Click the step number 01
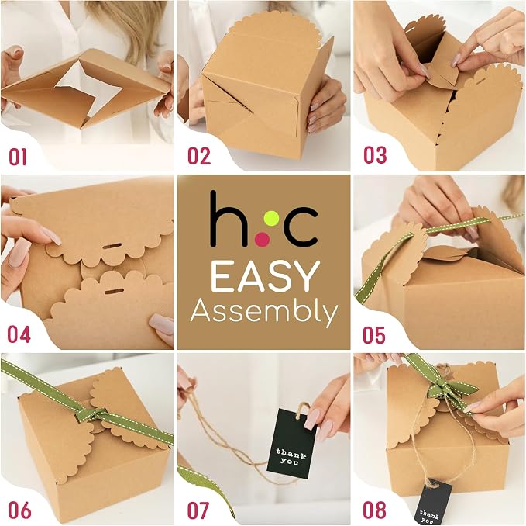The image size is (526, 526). [x=18, y=157]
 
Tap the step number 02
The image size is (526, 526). [x=199, y=156]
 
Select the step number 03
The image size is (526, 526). [x=375, y=155]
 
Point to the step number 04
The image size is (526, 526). [x=19, y=334]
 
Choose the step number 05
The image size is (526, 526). [x=374, y=335]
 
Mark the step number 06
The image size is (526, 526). [x=19, y=510]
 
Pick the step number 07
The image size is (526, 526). [x=198, y=510]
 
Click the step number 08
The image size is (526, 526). [x=374, y=510]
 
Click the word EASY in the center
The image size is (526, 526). [x=265, y=276]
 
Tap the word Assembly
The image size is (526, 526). [x=264, y=311]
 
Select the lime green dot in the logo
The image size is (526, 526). [x=271, y=219]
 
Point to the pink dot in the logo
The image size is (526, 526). [x=263, y=239]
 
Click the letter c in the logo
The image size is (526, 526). [x=301, y=227]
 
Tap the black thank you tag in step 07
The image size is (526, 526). [x=291, y=443]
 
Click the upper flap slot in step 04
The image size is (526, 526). [x=112, y=247]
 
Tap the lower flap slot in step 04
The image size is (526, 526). [x=114, y=291]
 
